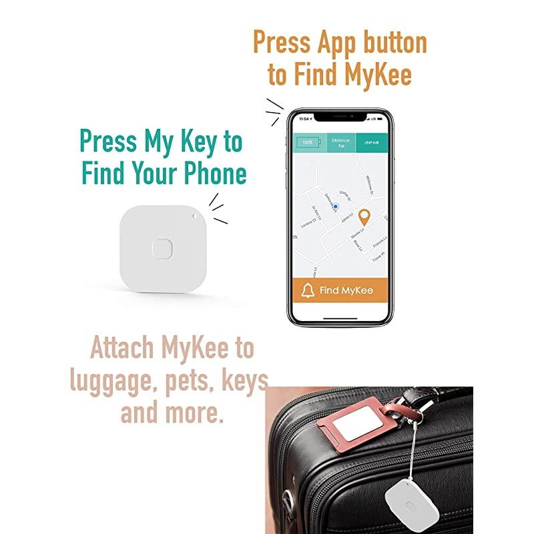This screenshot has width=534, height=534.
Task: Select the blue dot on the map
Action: (x=336, y=208)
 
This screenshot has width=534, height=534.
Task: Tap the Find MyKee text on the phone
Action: (x=346, y=290)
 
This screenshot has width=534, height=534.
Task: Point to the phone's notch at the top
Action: (x=341, y=117)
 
